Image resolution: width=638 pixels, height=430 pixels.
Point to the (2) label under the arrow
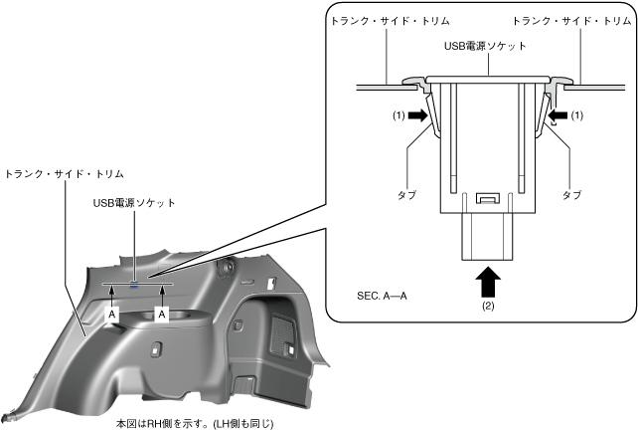pos(488,307)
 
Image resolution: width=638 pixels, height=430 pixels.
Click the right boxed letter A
pos(161,313)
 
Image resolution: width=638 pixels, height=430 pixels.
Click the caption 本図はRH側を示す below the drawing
pos(195,423)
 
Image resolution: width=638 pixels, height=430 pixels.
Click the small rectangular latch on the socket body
pos(487,197)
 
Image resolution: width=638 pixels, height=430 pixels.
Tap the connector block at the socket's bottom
pos(488,236)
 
